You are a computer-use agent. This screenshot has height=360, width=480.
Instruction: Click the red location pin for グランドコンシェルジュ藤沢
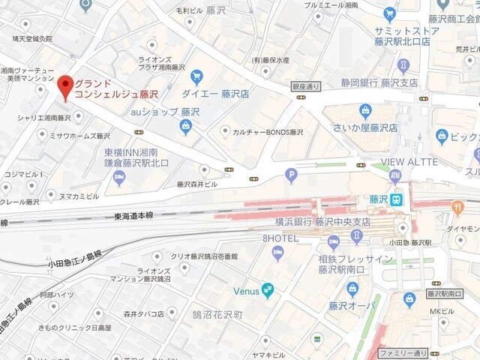(x=66, y=87)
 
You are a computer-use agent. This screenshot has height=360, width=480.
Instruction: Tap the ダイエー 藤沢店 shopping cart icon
(x=196, y=76)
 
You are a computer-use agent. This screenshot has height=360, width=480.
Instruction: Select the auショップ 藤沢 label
(x=165, y=112)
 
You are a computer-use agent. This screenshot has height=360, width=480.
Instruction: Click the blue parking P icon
(x=292, y=175)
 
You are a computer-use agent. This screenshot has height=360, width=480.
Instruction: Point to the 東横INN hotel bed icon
(x=118, y=178)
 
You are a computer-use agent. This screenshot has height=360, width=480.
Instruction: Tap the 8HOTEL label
(x=280, y=238)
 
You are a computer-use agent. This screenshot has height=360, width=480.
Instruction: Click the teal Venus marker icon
(x=266, y=291)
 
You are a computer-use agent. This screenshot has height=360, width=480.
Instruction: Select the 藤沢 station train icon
(x=399, y=199)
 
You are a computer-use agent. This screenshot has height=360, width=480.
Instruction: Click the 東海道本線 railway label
(x=136, y=215)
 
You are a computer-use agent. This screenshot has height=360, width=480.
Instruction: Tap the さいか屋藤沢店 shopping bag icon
(x=365, y=112)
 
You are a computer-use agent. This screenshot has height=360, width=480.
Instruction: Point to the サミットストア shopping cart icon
(x=388, y=13)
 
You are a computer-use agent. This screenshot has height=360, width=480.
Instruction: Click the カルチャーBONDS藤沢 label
(x=266, y=132)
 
